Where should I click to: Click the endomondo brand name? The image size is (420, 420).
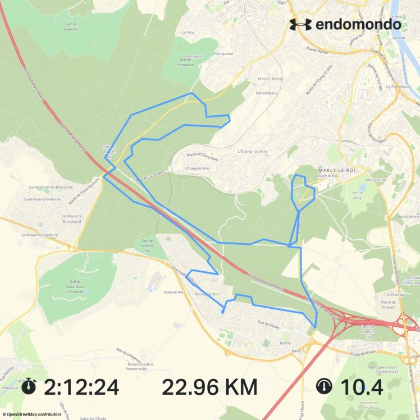[x=358, y=24]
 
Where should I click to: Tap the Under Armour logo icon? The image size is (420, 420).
[x=300, y=24]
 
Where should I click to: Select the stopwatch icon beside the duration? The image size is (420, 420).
[x=30, y=386]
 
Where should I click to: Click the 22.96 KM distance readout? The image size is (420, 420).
[x=210, y=387]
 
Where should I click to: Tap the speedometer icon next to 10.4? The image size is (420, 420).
[x=325, y=386]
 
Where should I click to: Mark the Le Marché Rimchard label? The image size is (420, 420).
[x=72, y=218]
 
